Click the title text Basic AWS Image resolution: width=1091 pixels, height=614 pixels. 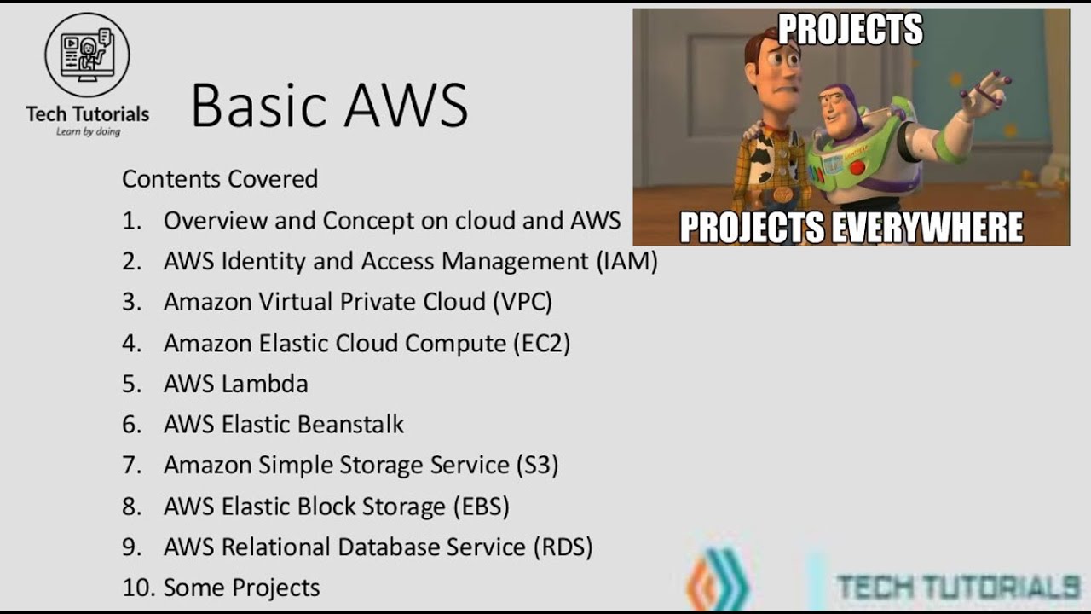(x=329, y=106)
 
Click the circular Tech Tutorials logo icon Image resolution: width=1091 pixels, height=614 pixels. (x=87, y=55)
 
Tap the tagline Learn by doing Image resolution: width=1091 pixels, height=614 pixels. (x=88, y=132)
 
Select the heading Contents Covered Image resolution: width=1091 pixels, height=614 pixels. (x=220, y=179)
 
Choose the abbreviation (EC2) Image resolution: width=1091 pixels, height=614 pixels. (x=541, y=343)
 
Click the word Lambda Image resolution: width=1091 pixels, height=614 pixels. (x=265, y=384)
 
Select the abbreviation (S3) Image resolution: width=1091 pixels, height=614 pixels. (x=537, y=466)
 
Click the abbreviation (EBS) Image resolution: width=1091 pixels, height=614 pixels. (x=481, y=507)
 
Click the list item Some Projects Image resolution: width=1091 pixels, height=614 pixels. (x=241, y=588)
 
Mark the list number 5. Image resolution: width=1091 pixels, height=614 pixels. (x=130, y=384)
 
